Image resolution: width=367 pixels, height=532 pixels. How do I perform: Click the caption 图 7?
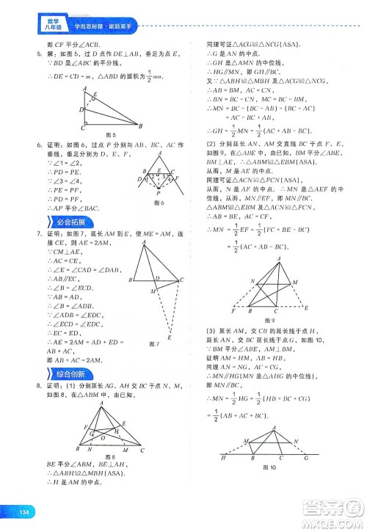153,343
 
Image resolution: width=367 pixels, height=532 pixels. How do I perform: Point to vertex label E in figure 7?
170,338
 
